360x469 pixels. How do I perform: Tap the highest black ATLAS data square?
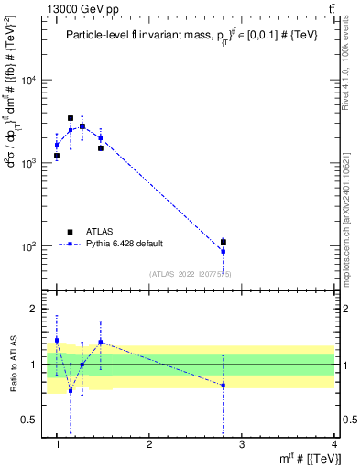71,118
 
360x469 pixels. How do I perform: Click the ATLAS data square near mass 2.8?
224,242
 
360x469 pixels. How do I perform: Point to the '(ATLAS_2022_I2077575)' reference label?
191,273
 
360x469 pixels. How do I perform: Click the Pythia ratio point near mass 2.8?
224,386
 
